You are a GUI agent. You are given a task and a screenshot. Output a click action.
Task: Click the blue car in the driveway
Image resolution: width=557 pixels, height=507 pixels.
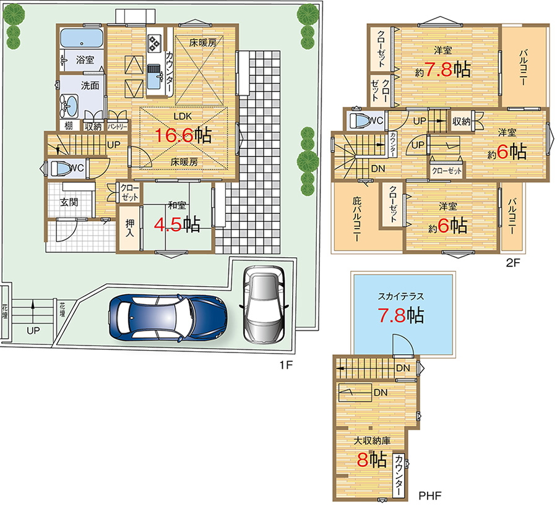point(168,318)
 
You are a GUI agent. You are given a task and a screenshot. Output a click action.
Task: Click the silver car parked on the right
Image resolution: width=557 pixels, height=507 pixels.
point(264,305)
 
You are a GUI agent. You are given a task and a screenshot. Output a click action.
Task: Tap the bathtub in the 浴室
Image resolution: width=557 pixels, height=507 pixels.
point(82,38)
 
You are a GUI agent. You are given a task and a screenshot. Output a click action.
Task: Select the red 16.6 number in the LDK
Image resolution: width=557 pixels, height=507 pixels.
point(174,135)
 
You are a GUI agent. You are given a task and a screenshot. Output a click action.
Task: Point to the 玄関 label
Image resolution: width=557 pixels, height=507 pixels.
point(69,202)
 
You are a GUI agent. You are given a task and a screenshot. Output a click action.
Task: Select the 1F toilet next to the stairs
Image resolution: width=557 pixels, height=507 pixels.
point(62,168)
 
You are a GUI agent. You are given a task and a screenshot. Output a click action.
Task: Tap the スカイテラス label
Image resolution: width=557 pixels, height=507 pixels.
point(400,296)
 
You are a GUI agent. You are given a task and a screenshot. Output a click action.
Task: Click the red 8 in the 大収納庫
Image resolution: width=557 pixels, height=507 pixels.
point(362,460)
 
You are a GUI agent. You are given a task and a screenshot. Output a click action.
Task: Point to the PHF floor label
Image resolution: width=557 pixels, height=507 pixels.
point(430,495)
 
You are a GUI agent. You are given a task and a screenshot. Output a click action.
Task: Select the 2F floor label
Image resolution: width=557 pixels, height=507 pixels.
point(512,263)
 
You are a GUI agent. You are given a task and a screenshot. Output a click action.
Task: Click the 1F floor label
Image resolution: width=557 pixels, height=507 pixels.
point(286,365)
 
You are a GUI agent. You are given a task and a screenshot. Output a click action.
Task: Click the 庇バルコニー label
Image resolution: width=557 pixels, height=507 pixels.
point(356,219)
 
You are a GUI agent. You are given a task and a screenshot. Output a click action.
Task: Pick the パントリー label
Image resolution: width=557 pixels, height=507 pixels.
point(117,126)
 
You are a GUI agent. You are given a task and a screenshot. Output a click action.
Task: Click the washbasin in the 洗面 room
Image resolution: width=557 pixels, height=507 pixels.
point(69,105)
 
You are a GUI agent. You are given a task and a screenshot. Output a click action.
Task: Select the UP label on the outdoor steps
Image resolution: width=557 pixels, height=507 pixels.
point(33,331)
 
